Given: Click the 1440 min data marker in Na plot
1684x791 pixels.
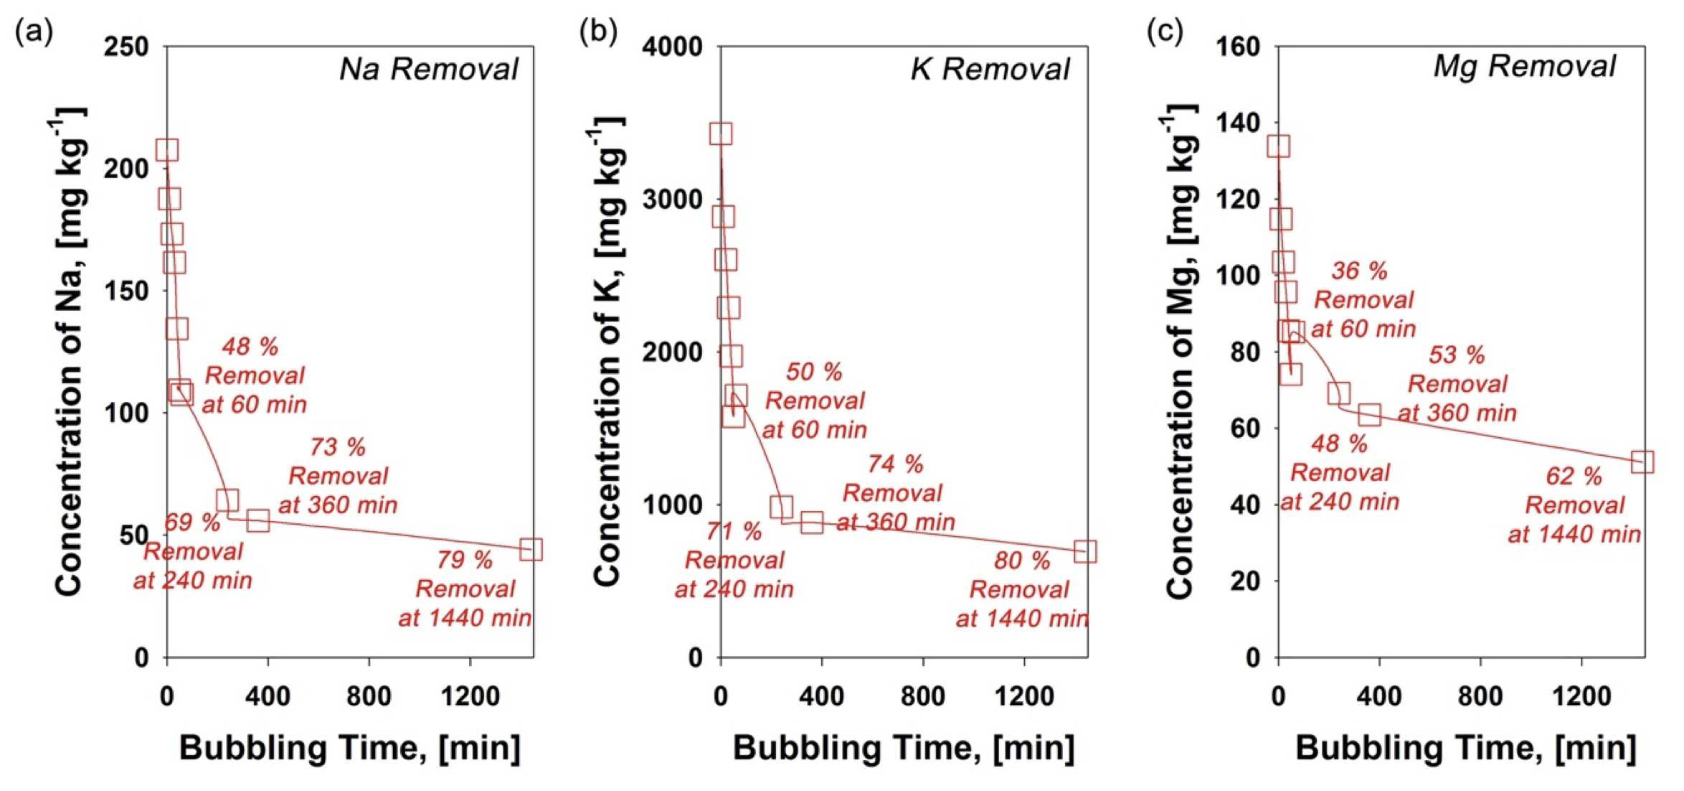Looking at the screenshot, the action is click(x=531, y=550).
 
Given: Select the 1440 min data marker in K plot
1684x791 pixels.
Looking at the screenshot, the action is click(x=1086, y=551).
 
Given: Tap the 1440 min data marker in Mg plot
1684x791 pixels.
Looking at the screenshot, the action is click(x=1642, y=462).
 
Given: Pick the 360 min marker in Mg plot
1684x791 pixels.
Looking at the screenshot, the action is click(x=1370, y=414).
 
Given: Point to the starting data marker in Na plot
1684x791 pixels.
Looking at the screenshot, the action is click(x=167, y=150).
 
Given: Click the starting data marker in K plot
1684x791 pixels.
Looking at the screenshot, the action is click(x=721, y=134).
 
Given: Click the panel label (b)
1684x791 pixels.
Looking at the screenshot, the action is click(x=598, y=32).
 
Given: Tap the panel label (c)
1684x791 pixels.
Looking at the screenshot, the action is click(x=1165, y=32).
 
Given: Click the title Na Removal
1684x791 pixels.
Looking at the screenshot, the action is click(x=429, y=69).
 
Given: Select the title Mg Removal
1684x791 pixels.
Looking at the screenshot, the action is click(x=1525, y=67).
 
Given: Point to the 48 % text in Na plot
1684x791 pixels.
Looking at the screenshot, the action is click(x=250, y=347).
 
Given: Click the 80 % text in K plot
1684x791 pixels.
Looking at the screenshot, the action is click(x=1022, y=561).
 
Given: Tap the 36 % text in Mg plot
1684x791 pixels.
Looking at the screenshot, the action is click(x=1360, y=271).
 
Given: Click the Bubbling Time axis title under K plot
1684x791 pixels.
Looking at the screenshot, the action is click(x=904, y=748).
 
